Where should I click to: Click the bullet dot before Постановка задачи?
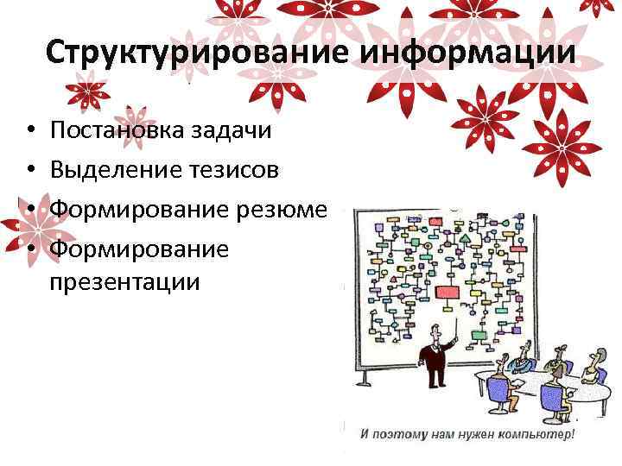click(29, 131)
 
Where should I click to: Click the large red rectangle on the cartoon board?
click(447, 291)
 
